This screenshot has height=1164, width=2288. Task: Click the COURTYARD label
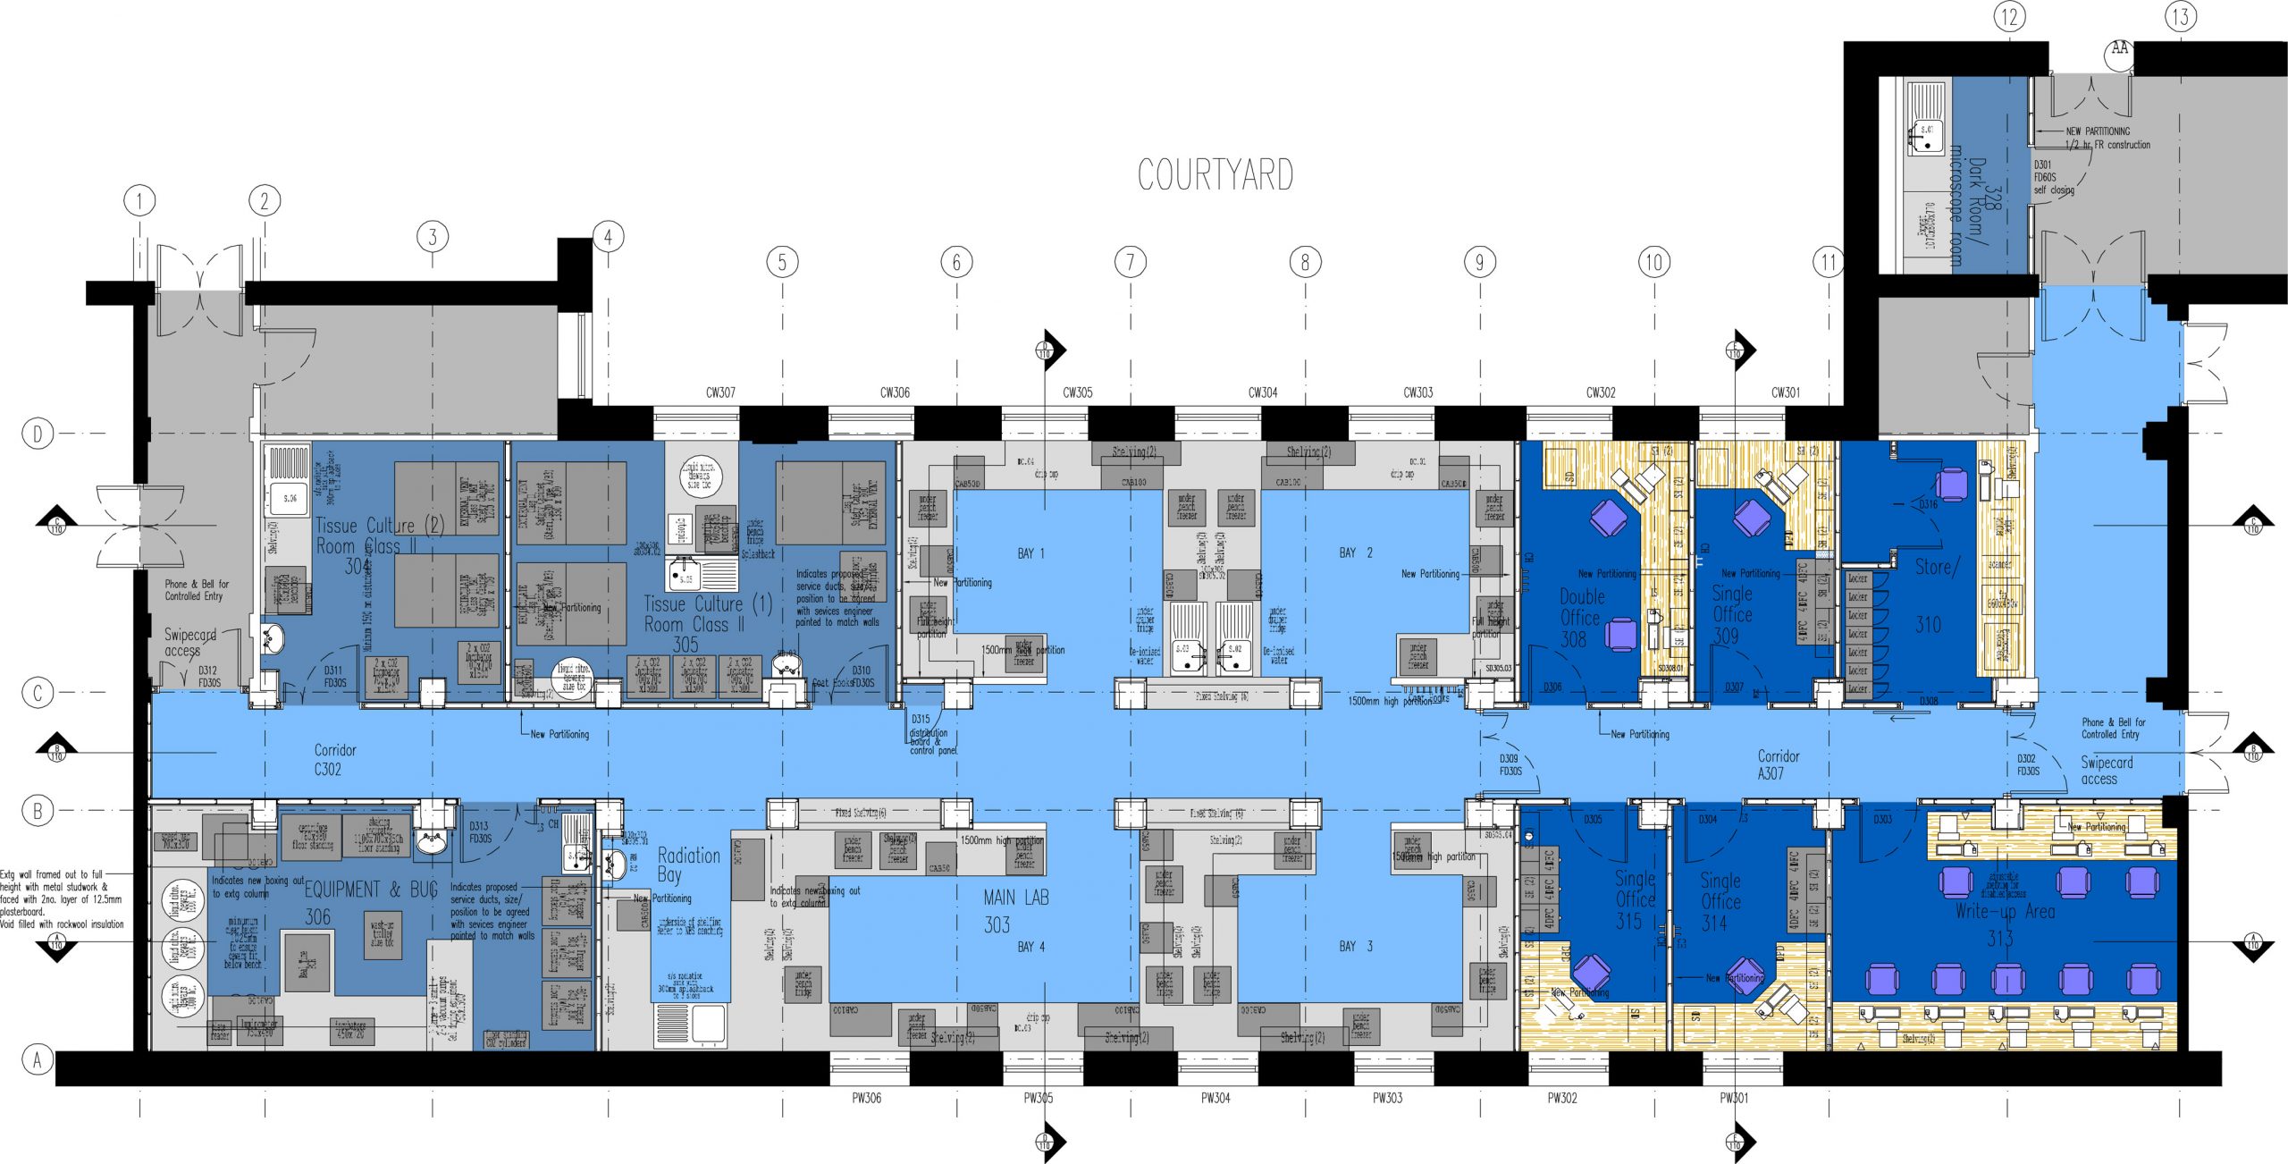coord(1215,175)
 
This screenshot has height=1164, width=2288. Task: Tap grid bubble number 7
coord(1131,262)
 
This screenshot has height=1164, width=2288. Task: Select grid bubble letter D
coord(38,434)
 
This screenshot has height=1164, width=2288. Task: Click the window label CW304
coord(1262,392)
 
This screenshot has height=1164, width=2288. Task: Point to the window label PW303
coord(1387,1098)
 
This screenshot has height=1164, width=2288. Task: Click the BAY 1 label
coord(1030,553)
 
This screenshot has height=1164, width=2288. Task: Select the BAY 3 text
coord(1355,946)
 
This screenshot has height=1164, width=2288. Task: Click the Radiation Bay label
coord(687,865)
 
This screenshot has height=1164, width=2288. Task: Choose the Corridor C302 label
coord(333,759)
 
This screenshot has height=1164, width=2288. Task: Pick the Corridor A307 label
coord(1778,764)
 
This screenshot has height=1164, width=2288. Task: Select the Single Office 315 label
coord(1634,899)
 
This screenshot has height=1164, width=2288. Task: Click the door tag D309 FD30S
coord(1510,764)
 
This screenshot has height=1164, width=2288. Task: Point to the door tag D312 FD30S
coord(208,676)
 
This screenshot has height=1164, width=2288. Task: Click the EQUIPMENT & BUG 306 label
coord(370,901)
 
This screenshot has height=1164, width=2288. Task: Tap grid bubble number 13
coord(2181,16)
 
